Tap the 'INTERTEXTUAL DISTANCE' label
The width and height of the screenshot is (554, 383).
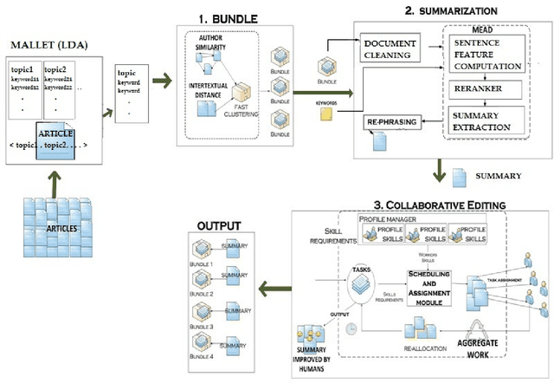(209, 91)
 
